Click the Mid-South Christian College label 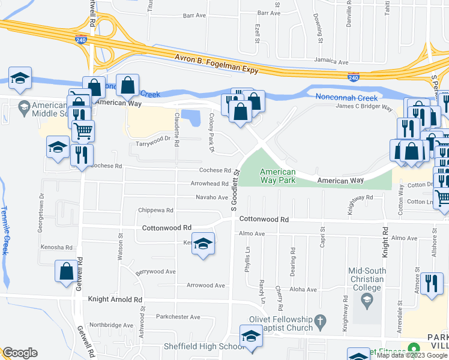pos(366,279)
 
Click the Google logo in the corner pos(20,353)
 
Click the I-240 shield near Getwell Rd pos(81,40)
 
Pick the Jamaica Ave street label pos(333,62)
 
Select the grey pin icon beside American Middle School pos(25,108)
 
